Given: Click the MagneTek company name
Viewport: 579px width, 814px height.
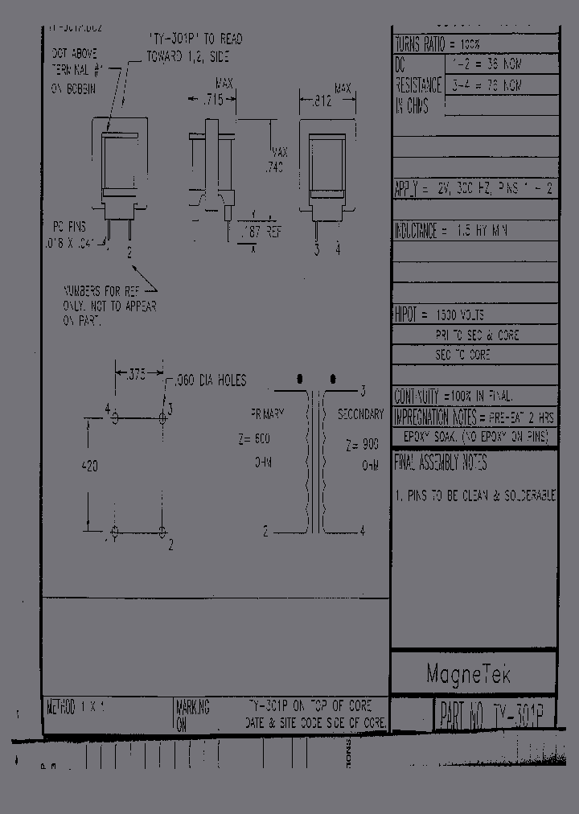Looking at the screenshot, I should pyautogui.click(x=467, y=674).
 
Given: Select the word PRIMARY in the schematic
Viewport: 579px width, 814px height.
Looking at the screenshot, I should pyautogui.click(x=267, y=413).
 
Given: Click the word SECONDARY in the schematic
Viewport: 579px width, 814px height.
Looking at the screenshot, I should pyautogui.click(x=359, y=414).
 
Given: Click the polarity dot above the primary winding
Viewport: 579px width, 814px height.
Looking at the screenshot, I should pyautogui.click(x=300, y=376).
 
